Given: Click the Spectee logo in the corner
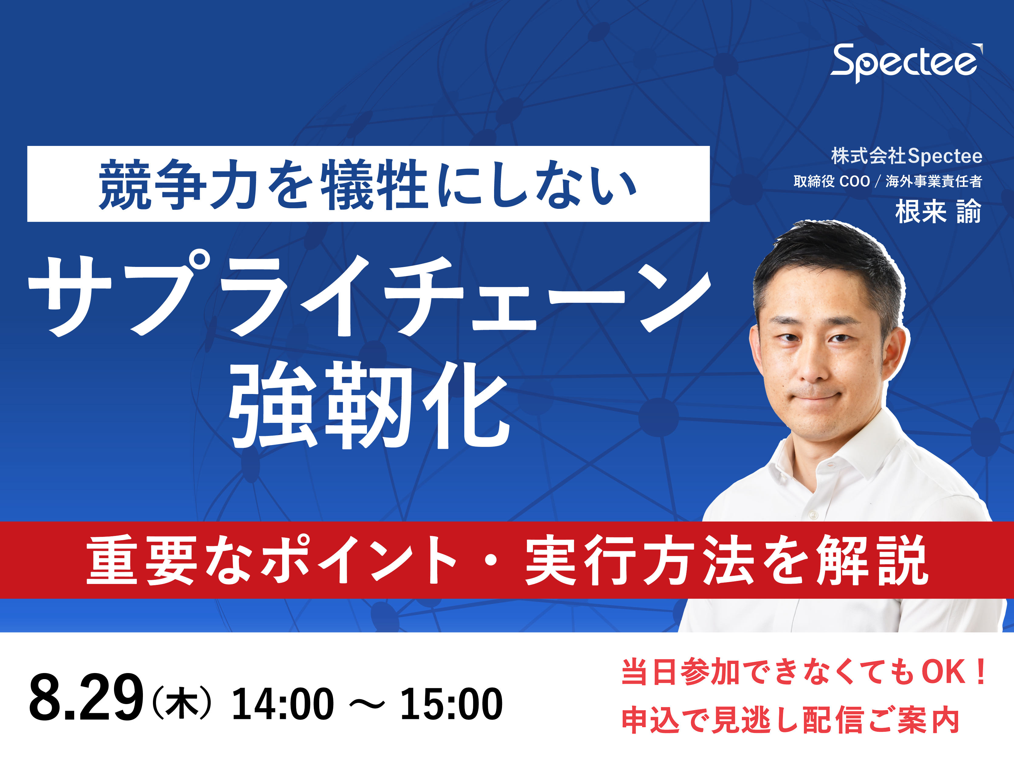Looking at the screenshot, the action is [x=906, y=63].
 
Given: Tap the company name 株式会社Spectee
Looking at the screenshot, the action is [x=907, y=156].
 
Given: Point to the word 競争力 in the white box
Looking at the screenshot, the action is [x=178, y=184].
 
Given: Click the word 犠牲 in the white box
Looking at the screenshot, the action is [x=374, y=184].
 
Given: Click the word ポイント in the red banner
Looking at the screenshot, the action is [x=360, y=560].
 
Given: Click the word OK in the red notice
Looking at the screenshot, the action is [x=944, y=672].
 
